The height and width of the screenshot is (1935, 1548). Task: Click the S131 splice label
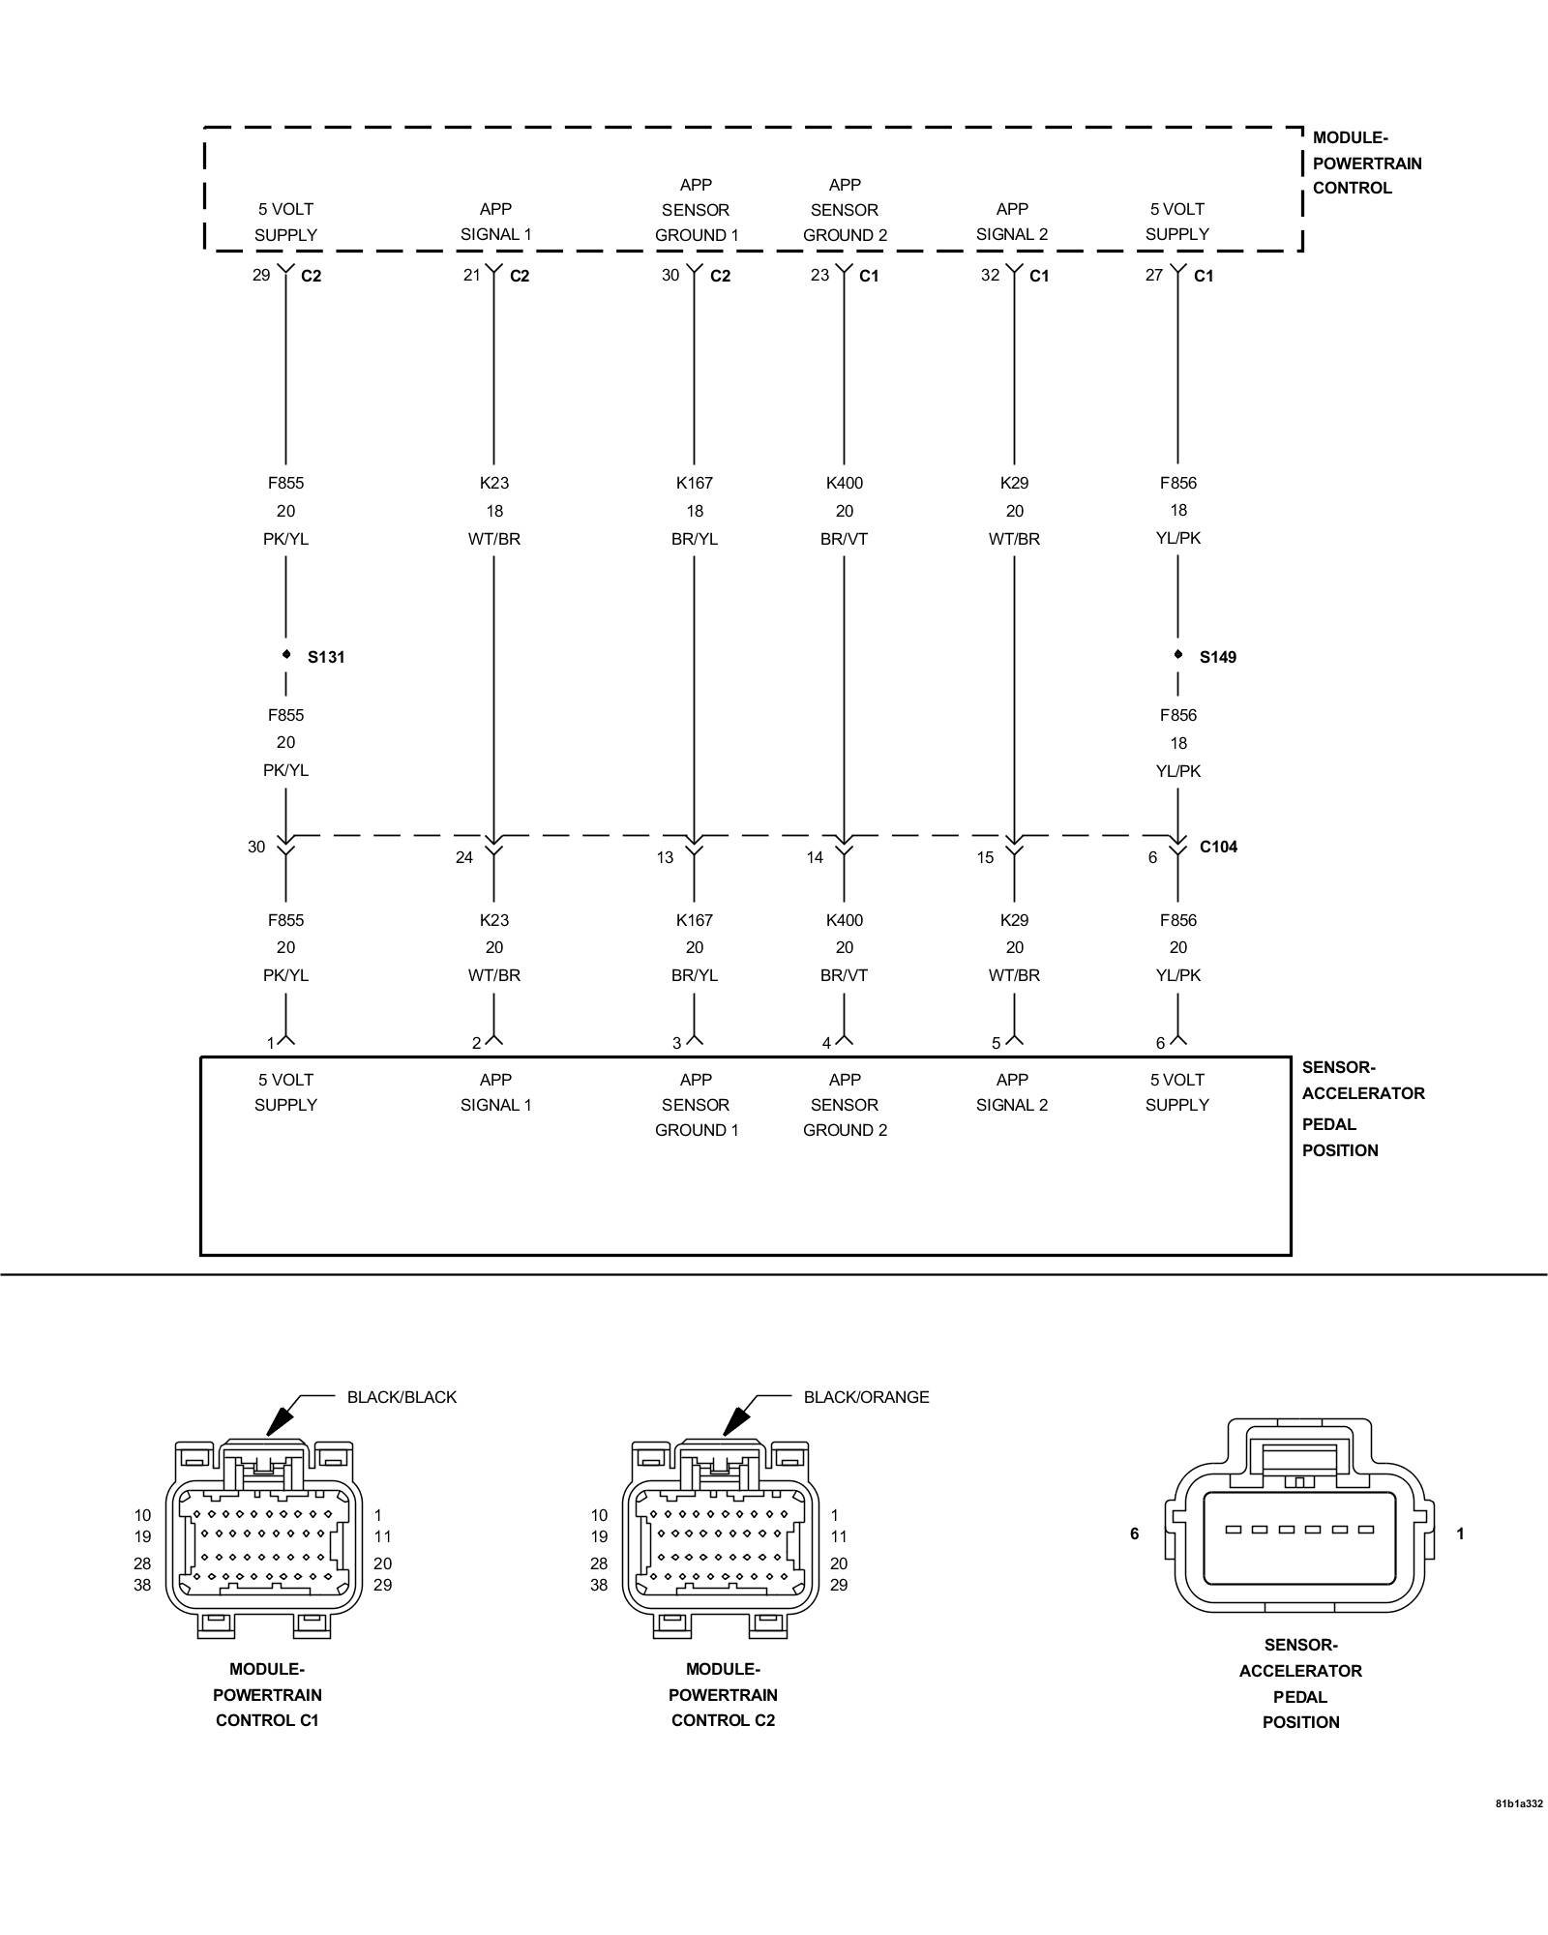(x=326, y=657)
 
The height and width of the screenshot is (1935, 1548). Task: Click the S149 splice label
(x=1218, y=657)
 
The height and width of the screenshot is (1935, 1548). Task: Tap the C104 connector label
(x=1218, y=847)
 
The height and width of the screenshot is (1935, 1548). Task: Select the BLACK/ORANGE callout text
(x=866, y=1397)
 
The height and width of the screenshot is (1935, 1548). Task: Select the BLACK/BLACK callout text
(x=402, y=1397)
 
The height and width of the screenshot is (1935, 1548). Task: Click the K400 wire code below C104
(x=844, y=920)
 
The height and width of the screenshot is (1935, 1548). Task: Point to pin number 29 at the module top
(x=261, y=275)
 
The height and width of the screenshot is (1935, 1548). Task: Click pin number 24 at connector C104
(x=464, y=857)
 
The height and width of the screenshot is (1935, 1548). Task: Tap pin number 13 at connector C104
(x=665, y=857)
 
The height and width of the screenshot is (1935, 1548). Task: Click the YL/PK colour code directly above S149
(x=1177, y=538)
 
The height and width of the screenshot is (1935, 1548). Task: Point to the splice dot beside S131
(x=286, y=655)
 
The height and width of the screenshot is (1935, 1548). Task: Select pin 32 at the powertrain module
(x=990, y=275)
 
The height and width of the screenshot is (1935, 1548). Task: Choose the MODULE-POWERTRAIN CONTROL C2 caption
(x=723, y=1694)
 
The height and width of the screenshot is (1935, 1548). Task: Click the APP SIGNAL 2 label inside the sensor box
(x=1012, y=1092)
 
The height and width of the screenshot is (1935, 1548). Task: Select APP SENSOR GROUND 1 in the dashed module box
(x=696, y=210)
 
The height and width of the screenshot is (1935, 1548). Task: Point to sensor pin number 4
(x=826, y=1043)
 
